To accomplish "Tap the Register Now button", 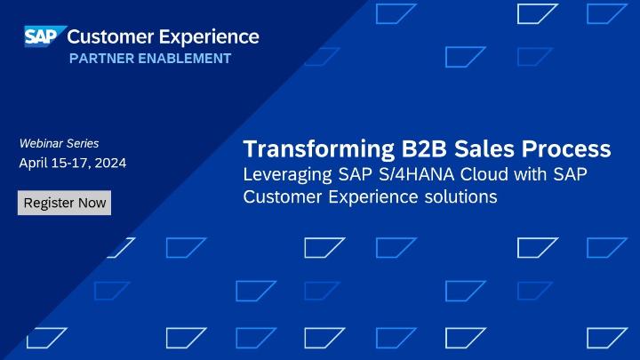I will click(x=65, y=203).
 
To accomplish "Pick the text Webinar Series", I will click(x=59, y=143).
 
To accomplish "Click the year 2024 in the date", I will click(x=108, y=164).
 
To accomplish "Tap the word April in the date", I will click(x=34, y=164).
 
